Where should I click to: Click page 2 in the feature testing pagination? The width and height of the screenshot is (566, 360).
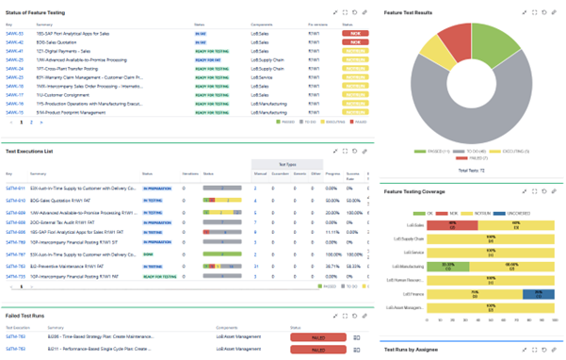click(31, 123)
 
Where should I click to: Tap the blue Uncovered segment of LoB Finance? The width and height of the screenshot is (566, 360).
click(537, 295)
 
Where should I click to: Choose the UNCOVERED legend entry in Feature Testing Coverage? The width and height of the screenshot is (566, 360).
click(513, 213)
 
